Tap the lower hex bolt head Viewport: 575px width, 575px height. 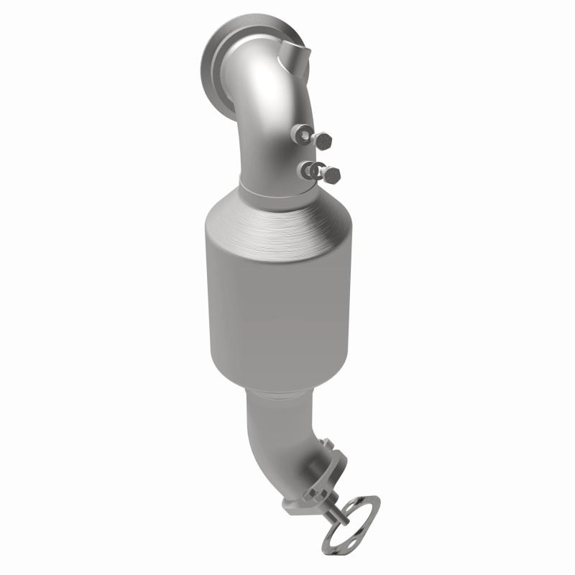(x=332, y=173)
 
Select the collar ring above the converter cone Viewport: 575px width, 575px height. (x=277, y=193)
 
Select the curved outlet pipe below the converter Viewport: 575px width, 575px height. (x=277, y=431)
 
